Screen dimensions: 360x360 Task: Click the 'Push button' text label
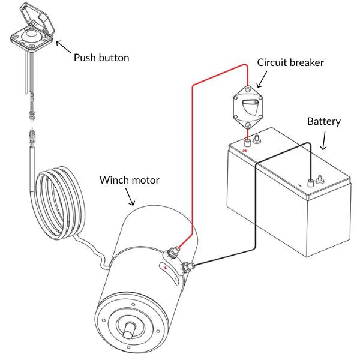pos(101,58)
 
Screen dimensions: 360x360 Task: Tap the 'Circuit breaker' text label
pos(290,62)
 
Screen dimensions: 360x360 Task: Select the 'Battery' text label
pos(323,121)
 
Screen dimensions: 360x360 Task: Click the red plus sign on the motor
pos(166,268)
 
